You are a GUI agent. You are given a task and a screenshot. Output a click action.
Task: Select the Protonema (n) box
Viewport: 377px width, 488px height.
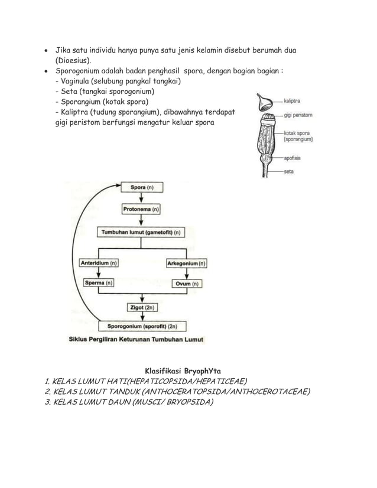[141, 209]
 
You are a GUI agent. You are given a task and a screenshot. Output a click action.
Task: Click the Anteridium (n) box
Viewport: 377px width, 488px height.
[98, 263]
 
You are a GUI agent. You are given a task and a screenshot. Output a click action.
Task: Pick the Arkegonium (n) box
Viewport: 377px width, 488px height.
[187, 263]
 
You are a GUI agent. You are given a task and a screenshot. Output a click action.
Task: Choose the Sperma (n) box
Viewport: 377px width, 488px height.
[98, 284]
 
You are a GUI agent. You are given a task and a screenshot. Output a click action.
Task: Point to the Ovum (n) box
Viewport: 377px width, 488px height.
[187, 284]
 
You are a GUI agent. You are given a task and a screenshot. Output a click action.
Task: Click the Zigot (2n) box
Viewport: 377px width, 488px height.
[142, 307]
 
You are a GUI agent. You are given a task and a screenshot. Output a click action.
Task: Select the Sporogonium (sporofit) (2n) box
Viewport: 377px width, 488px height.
[142, 326]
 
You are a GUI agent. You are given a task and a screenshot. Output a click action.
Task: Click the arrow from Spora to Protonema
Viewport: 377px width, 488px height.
[141, 199]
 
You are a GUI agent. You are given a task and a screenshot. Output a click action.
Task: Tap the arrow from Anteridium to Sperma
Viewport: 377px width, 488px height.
[98, 274]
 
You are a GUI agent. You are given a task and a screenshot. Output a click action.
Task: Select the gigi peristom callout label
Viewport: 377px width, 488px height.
[298, 115]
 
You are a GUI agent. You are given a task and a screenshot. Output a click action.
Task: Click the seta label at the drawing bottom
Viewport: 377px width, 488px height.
[289, 172]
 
